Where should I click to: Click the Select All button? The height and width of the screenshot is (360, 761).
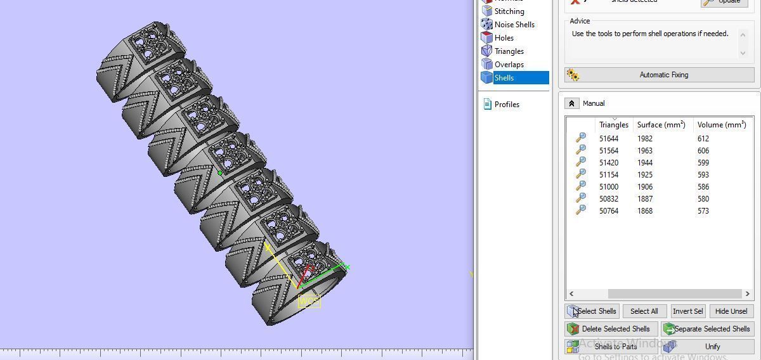pos(644,311)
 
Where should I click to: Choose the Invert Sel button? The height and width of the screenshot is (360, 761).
pos(687,311)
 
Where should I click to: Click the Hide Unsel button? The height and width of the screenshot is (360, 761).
pos(731,311)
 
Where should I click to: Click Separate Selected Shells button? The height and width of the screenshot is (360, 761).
pos(707,329)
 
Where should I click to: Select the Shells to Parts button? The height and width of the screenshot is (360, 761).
pos(610,347)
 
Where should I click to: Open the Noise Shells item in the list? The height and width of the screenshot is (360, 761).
pos(514,25)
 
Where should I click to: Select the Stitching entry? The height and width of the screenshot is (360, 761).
pos(509,11)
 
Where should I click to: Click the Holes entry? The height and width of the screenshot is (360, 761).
pos(504,38)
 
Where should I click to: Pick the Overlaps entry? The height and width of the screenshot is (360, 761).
pos(509,65)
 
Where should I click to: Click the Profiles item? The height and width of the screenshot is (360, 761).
pos(506,105)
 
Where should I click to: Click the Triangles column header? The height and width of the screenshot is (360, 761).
pos(613,125)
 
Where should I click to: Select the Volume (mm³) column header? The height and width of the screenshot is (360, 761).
pos(721,125)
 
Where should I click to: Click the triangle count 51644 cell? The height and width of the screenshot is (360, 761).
pos(609,139)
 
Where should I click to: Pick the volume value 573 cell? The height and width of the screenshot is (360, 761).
pos(703,211)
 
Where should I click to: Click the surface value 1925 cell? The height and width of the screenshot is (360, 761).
pos(645,175)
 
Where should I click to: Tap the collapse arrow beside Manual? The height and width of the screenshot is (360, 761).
pos(571,103)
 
